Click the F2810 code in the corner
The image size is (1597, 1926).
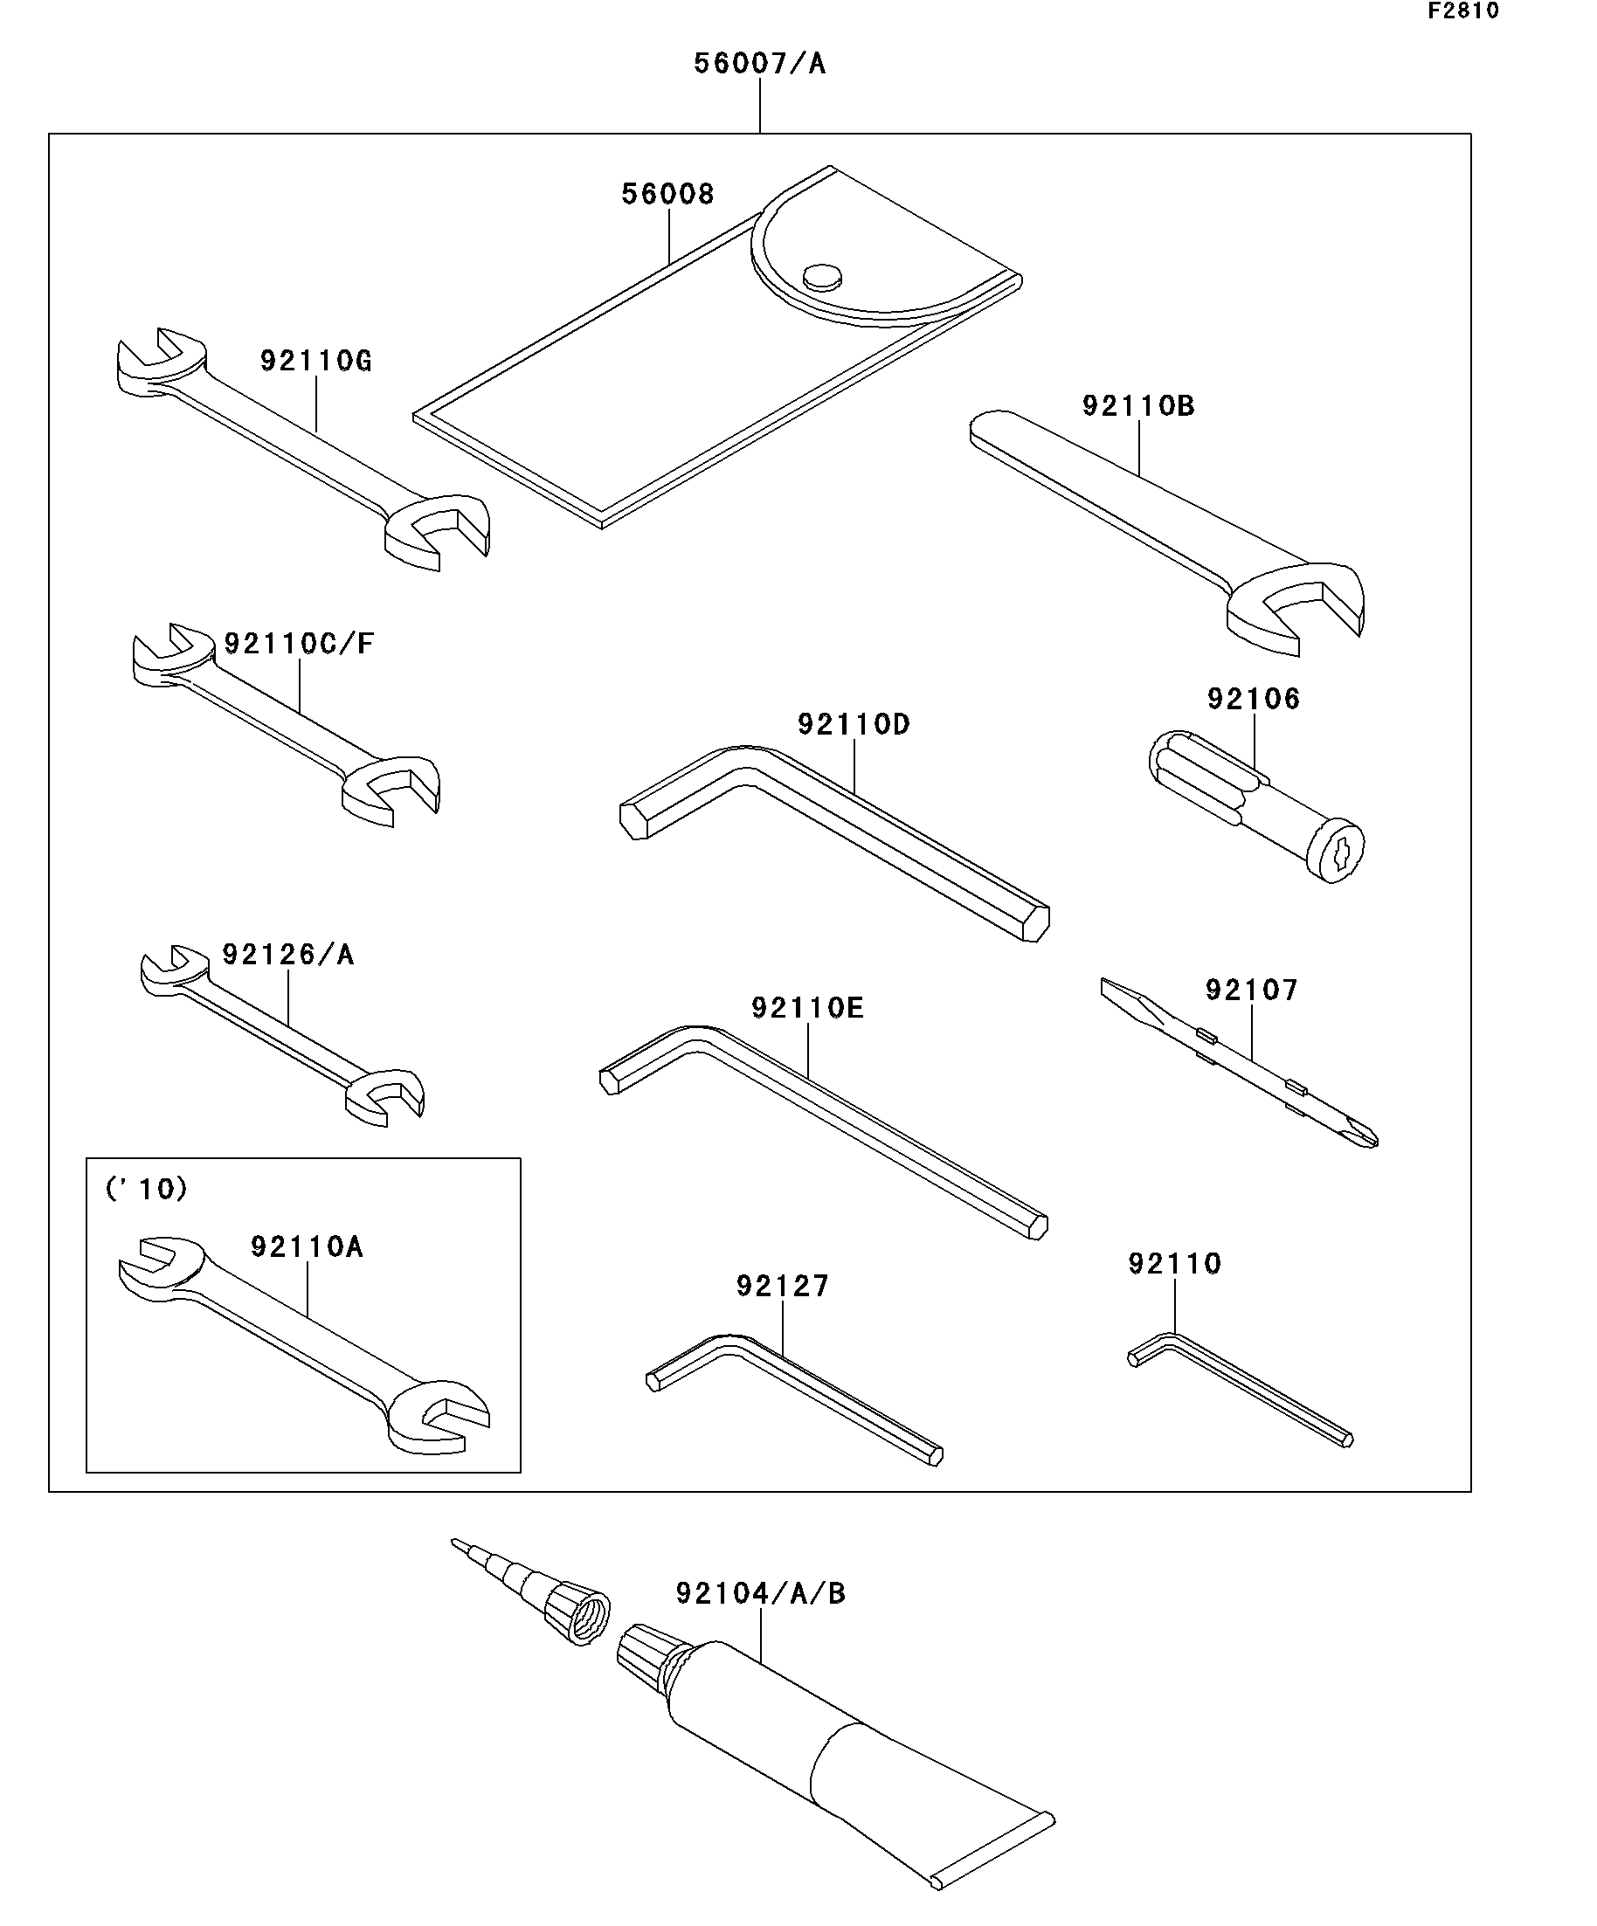(1462, 12)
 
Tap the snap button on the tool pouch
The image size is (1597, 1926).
(821, 275)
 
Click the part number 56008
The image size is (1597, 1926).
(667, 195)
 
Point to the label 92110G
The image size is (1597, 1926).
(315, 362)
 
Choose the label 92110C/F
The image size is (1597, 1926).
(299, 644)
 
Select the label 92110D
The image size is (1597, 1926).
(853, 725)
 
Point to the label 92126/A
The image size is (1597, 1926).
(288, 956)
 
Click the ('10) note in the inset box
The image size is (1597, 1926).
(147, 1190)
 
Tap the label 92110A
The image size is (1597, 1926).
(308, 1247)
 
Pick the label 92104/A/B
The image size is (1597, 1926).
(760, 1594)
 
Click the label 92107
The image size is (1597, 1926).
(1251, 991)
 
